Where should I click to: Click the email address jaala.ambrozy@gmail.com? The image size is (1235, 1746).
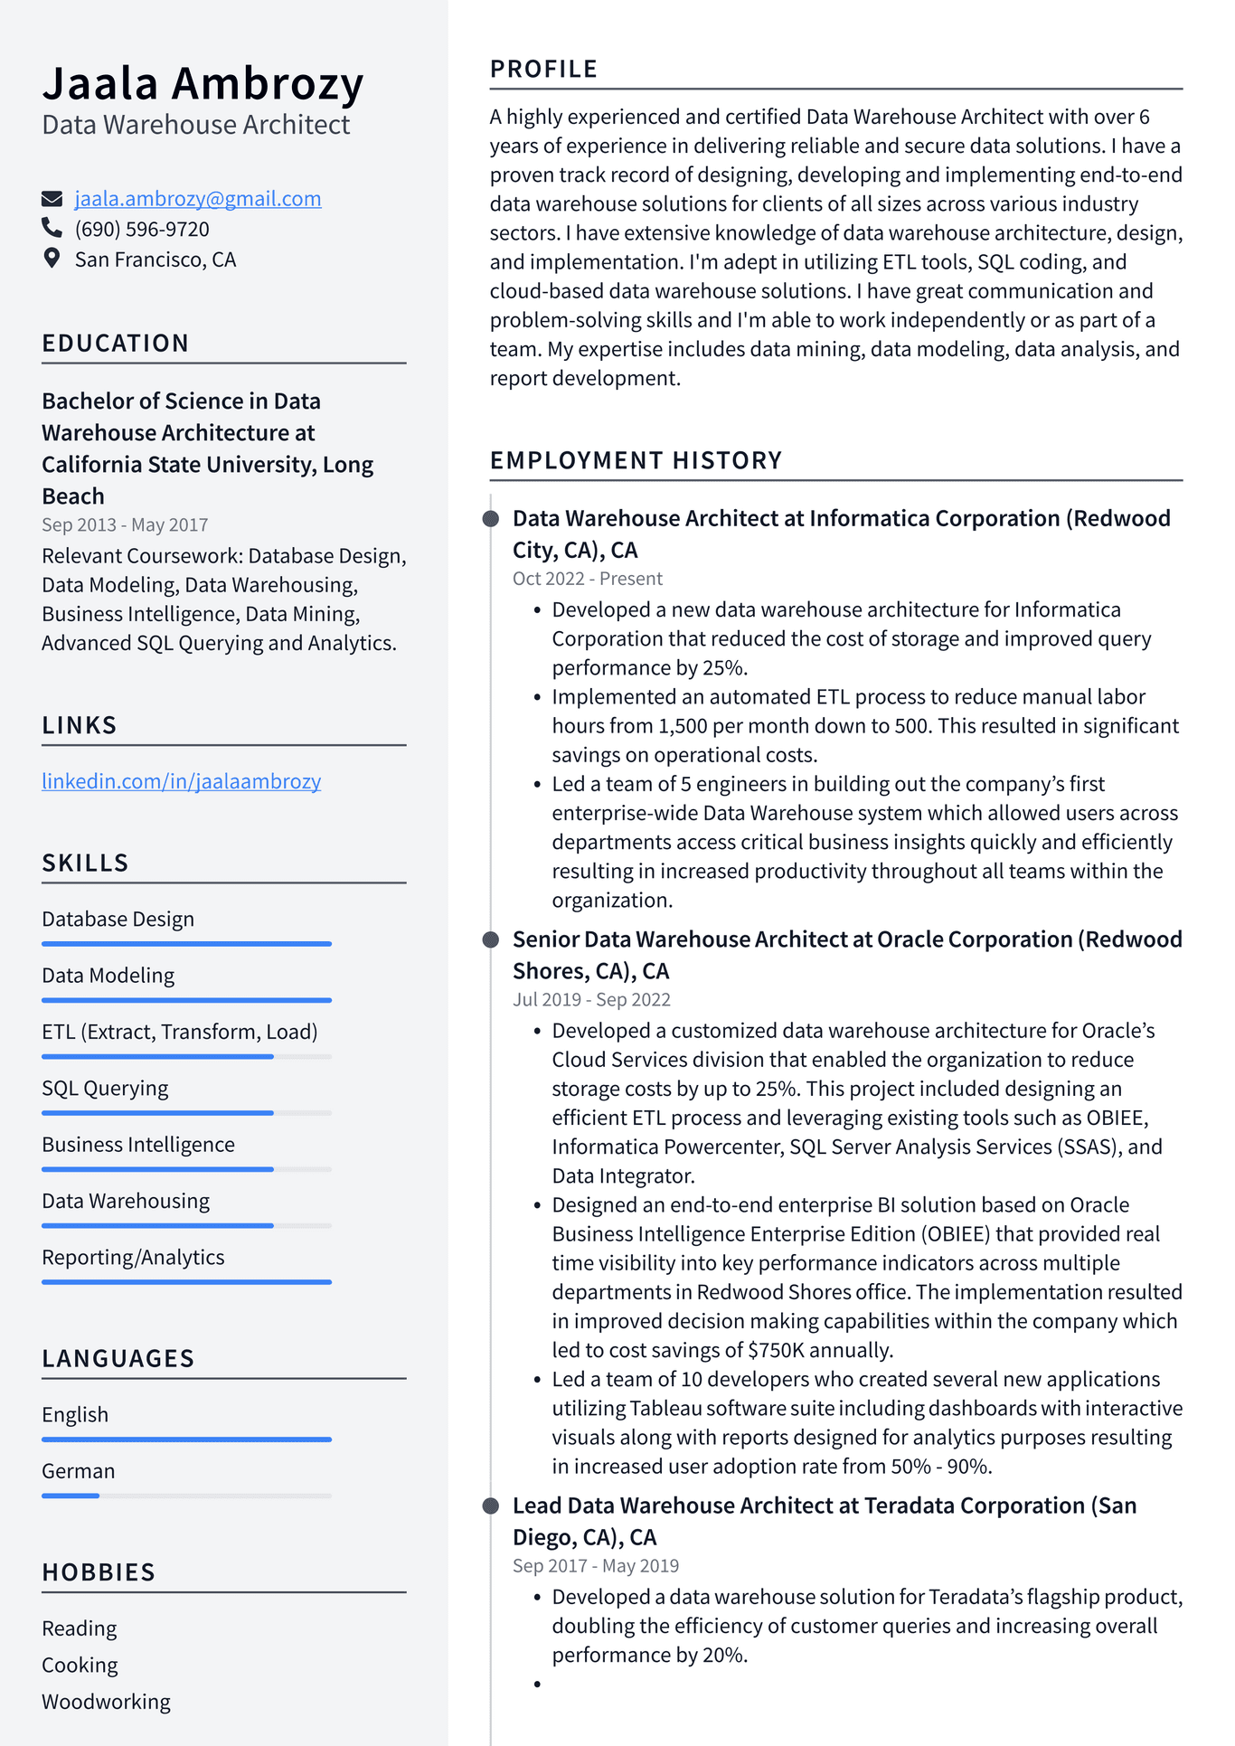tap(197, 199)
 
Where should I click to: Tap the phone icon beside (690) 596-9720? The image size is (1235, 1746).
tap(52, 228)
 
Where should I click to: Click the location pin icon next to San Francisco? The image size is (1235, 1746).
tap(52, 259)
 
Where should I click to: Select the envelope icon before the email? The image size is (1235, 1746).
tap(52, 199)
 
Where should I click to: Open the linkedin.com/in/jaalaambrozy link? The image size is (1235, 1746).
tap(181, 781)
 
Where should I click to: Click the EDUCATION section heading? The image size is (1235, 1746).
tap(116, 344)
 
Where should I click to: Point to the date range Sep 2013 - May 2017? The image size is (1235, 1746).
tap(125, 525)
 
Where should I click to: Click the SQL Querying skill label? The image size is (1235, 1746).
tap(105, 1089)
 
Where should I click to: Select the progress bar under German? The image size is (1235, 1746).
tap(186, 1496)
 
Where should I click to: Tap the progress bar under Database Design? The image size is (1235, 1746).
tap(186, 944)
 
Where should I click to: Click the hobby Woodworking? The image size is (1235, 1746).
tap(106, 1702)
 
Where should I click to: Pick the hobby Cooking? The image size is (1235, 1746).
tap(80, 1666)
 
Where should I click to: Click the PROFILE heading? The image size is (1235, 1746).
tap(543, 70)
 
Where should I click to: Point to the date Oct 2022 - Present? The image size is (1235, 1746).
tap(588, 579)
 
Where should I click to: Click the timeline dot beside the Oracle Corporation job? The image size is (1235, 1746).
tap(491, 940)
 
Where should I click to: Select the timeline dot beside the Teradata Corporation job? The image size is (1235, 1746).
tap(491, 1506)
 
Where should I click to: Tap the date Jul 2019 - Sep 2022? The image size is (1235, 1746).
tap(591, 1000)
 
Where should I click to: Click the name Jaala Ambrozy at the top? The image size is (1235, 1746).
tap(203, 83)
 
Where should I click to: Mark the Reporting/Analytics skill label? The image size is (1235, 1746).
tap(133, 1258)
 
